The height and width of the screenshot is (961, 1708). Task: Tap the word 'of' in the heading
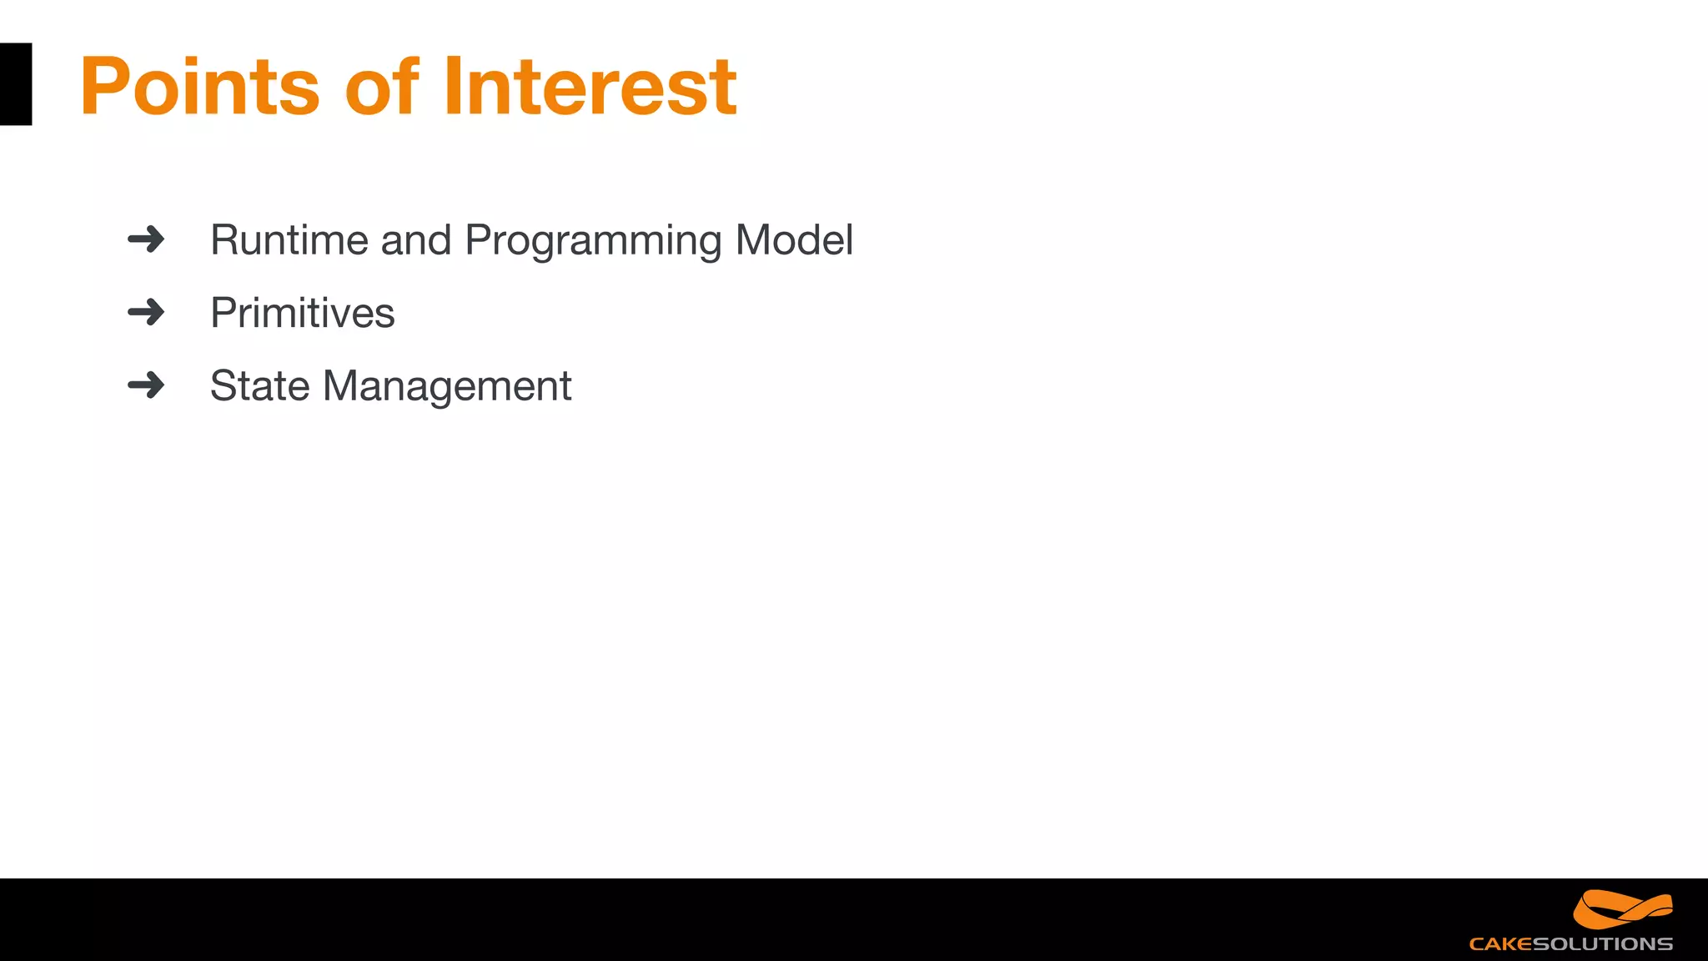(x=382, y=87)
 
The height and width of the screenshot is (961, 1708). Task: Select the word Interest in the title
(x=590, y=87)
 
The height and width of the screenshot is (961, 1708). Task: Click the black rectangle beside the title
(x=15, y=84)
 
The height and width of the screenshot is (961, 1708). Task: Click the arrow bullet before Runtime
(x=146, y=240)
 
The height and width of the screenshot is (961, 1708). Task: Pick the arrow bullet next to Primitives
(x=146, y=313)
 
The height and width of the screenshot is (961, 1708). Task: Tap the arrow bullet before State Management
(x=146, y=385)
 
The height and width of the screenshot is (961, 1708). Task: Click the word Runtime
(x=289, y=241)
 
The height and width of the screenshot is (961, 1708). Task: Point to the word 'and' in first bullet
(x=415, y=241)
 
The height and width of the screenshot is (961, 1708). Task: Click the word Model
(x=794, y=241)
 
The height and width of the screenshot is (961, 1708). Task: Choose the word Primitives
(x=302, y=314)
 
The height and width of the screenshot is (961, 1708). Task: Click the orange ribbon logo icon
(x=1622, y=909)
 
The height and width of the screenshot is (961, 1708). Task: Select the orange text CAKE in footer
(x=1500, y=944)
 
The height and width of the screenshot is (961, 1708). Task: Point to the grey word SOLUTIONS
(x=1602, y=944)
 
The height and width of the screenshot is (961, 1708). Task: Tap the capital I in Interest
(x=452, y=87)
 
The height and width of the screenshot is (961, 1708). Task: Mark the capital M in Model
(x=754, y=241)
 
